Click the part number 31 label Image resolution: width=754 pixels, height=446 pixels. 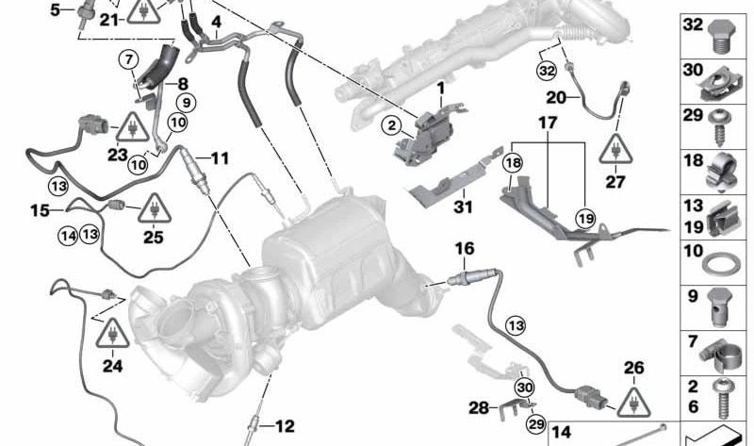coord(463,206)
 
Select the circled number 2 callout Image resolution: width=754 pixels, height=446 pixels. coord(392,126)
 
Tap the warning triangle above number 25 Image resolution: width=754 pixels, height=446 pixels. coord(155,208)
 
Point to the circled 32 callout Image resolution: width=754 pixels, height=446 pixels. coord(547,72)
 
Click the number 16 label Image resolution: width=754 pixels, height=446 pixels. coord(465,249)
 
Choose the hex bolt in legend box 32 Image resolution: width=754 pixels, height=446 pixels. coord(720,36)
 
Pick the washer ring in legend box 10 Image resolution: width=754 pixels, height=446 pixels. coord(721,265)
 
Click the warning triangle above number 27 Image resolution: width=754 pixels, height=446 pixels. coord(616,149)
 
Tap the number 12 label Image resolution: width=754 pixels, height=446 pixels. coord(285,426)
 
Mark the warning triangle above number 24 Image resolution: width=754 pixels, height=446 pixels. coord(112,333)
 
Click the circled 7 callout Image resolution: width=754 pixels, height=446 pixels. coord(128,60)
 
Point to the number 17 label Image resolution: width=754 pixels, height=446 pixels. coord(548,124)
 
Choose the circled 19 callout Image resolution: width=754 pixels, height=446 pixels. coord(585,219)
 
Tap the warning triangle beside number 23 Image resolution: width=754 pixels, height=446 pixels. coord(131,126)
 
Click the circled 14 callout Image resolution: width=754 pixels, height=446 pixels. coord(67,236)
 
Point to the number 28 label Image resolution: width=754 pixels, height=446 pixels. coord(479,408)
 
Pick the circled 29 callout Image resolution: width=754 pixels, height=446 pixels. coord(536,424)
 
